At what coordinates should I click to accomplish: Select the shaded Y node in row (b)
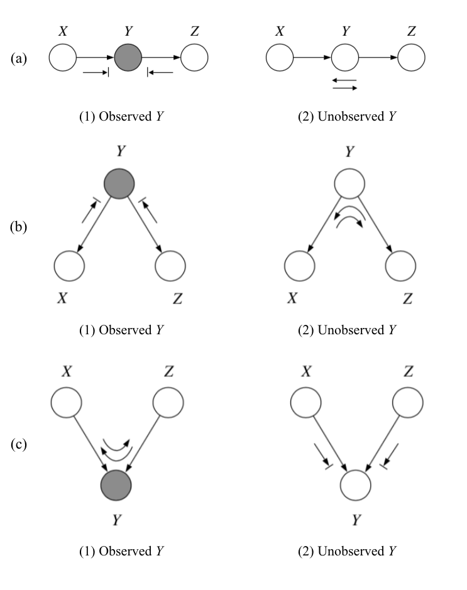click(x=119, y=183)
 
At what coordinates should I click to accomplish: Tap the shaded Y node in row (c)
click(x=116, y=485)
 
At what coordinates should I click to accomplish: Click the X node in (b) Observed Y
click(x=69, y=266)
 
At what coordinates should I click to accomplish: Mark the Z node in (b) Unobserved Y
click(x=401, y=266)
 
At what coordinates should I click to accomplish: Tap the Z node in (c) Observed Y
click(x=168, y=400)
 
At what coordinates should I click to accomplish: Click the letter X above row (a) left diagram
click(x=63, y=30)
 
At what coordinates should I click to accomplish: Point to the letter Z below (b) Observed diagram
click(x=178, y=299)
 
